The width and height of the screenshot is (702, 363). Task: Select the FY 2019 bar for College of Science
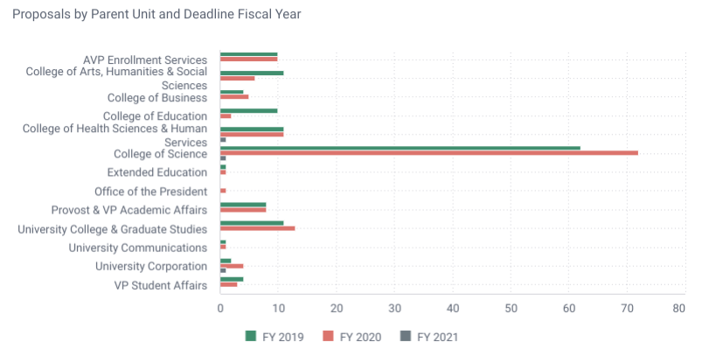point(400,148)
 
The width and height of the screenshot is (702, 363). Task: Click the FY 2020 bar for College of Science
point(428,153)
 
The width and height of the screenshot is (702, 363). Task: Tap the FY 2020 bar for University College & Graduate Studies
point(257,228)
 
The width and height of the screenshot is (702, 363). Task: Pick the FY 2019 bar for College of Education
point(248,110)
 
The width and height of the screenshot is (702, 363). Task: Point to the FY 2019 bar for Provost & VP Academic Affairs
point(242,205)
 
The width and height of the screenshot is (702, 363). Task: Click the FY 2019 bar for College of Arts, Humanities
point(251,73)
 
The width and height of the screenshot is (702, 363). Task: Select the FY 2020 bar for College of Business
point(233,96)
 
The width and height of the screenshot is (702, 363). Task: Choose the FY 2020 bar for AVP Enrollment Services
point(248,59)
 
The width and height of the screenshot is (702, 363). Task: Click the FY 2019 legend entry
point(275,337)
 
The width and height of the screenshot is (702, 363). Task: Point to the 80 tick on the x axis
point(678,308)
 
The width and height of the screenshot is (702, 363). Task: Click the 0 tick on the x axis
point(220,308)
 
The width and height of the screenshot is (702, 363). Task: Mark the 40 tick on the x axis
point(452,308)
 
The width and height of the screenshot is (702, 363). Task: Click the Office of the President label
point(150,191)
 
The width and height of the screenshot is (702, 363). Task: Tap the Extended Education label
point(156,172)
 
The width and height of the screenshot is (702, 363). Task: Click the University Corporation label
point(151,266)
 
